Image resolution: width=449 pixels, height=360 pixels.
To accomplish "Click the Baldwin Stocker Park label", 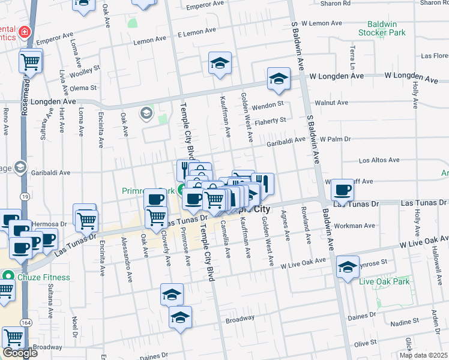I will pyautogui.click(x=382, y=28).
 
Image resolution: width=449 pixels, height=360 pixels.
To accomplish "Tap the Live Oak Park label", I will pyautogui.click(x=384, y=281).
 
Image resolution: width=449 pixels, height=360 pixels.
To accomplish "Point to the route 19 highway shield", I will pyautogui.click(x=24, y=196).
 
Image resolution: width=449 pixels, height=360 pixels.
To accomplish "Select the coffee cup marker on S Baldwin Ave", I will pyautogui.click(x=342, y=190).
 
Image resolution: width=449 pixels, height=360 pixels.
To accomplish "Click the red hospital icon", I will pyautogui.click(x=24, y=31).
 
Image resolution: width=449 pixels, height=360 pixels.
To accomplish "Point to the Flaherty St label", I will pyautogui.click(x=270, y=121).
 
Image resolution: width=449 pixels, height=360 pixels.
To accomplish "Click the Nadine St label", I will pyautogui.click(x=404, y=323).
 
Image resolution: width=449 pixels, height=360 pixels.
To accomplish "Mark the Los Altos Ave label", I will pyautogui.click(x=379, y=160).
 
